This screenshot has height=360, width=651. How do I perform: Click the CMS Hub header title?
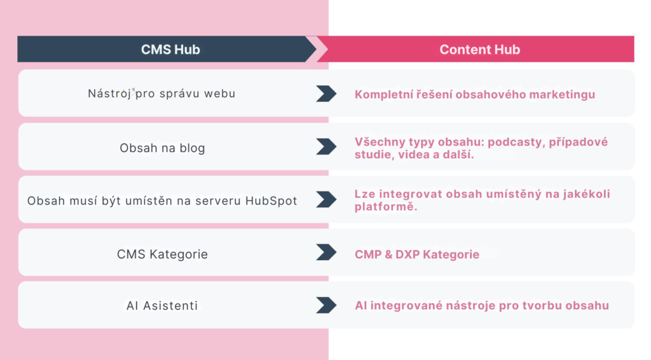coord(170,50)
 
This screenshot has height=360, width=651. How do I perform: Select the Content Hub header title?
coord(479,50)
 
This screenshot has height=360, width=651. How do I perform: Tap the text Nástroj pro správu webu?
coord(161,93)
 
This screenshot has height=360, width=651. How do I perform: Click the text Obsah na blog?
coord(162,148)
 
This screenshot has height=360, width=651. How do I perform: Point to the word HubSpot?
coord(271,201)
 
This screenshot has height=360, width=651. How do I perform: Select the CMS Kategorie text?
coord(162,254)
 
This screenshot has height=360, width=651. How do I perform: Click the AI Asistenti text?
coord(162,305)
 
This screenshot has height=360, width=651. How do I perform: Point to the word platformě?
coord(386,207)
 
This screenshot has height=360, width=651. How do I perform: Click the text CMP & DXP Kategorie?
coord(417,254)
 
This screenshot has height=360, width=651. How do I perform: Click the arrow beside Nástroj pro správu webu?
coord(326,93)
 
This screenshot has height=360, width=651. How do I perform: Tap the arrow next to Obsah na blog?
coord(326,146)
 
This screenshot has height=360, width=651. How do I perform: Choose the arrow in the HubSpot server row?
coord(326,199)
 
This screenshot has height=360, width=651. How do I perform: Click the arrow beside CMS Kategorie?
coord(326,252)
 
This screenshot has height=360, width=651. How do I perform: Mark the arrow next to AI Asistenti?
coord(326,305)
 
